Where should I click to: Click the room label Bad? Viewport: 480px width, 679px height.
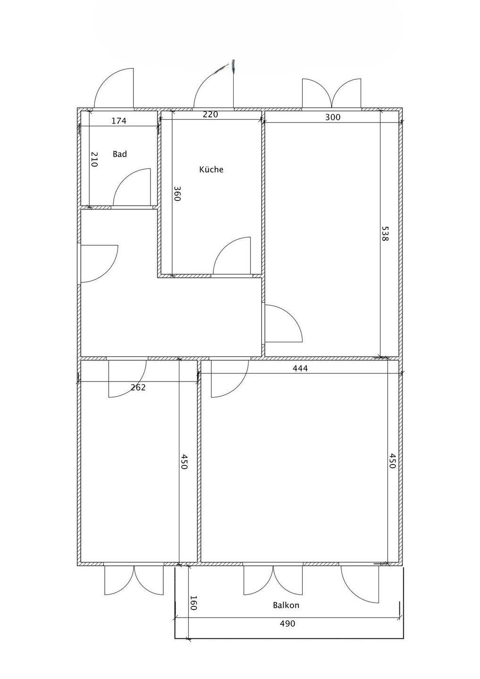pos(119,154)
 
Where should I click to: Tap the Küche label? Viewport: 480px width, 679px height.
pos(211,169)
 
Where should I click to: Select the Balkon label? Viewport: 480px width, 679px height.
pos(286,605)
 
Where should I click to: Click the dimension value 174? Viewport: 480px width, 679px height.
pos(119,121)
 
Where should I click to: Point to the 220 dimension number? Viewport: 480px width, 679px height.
pos(211,114)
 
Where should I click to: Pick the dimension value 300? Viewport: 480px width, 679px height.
pos(333,117)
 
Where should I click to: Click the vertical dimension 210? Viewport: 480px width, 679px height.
pos(94,159)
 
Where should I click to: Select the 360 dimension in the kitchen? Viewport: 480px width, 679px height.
pos(177,193)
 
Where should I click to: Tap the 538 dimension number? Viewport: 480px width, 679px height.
pos(385,233)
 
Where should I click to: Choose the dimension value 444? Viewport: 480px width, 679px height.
pos(300,368)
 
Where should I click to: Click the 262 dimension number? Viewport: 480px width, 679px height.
pos(138,388)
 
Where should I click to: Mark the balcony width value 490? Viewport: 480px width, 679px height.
pos(287,623)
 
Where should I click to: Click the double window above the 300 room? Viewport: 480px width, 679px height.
pos(332,93)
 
